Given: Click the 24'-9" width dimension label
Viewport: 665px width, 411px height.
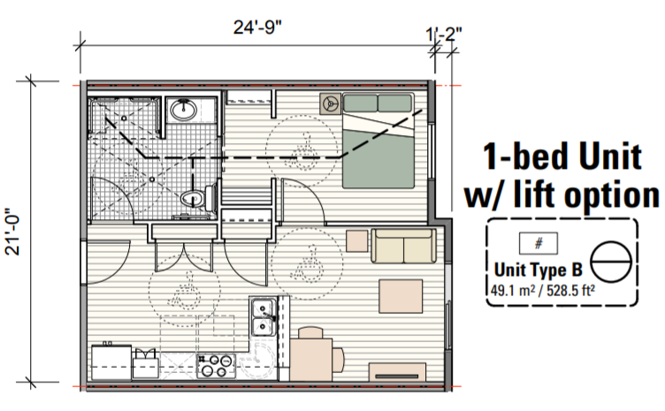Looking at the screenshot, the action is click(x=257, y=28).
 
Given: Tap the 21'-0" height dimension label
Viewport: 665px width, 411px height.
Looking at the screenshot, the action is click(x=12, y=232).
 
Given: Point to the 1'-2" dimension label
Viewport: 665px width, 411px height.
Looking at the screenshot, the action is click(x=444, y=34).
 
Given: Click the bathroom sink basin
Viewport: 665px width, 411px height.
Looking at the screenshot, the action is click(x=183, y=110).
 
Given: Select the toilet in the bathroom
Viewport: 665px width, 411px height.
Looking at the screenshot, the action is click(x=198, y=198).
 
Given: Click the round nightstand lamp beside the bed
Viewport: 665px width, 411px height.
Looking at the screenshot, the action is click(x=330, y=103).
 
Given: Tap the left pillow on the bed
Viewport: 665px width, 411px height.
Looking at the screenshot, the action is click(x=360, y=103).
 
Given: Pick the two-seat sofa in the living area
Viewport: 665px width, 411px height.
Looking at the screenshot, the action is click(x=403, y=246).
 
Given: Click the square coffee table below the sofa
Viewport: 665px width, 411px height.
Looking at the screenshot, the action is click(x=401, y=296).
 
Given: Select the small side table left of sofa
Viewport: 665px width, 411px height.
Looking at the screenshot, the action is click(x=356, y=241).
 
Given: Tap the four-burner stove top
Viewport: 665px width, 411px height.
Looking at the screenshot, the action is click(x=217, y=366).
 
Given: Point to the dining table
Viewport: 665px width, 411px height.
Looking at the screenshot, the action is click(x=311, y=360).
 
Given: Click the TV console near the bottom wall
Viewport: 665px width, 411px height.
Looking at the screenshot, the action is click(x=397, y=372).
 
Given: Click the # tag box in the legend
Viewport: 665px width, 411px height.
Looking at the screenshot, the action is click(x=539, y=243).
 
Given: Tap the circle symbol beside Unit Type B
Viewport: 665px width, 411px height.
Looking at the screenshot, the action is click(x=611, y=263).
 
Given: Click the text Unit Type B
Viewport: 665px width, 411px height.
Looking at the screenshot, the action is click(x=539, y=270).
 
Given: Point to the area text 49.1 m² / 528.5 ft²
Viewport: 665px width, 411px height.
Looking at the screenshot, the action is click(x=542, y=291).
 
